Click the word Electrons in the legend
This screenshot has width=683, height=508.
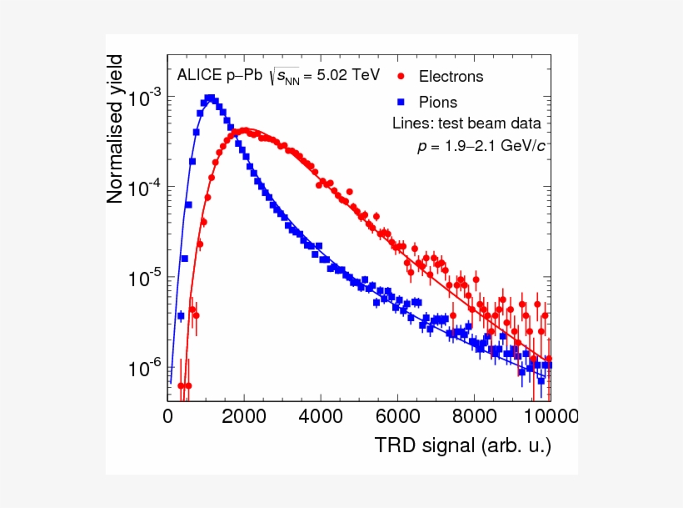coord(451,76)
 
